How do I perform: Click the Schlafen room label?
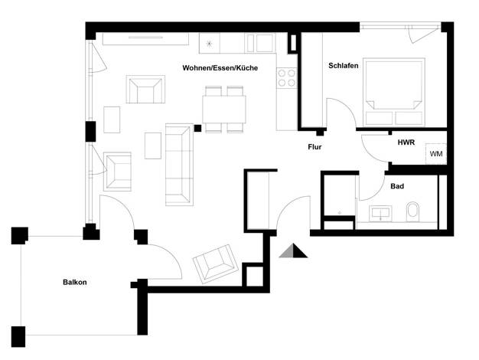344,66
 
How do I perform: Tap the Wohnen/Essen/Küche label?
220,68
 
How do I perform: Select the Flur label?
314,147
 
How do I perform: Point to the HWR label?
406,142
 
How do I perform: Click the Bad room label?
397,186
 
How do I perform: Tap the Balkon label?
75,283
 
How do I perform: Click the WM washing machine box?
436,154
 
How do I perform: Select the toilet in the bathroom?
413,211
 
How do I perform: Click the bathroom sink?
380,213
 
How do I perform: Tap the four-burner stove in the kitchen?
287,78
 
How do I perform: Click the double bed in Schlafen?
394,92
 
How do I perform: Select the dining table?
224,110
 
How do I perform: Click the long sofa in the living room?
179,164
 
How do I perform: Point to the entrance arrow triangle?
293,250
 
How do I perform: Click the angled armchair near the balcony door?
216,263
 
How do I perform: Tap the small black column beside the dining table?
197,128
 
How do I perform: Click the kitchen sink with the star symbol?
209,44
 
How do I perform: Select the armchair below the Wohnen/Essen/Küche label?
145,90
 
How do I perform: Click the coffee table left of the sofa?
153,146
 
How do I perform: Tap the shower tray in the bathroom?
340,195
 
